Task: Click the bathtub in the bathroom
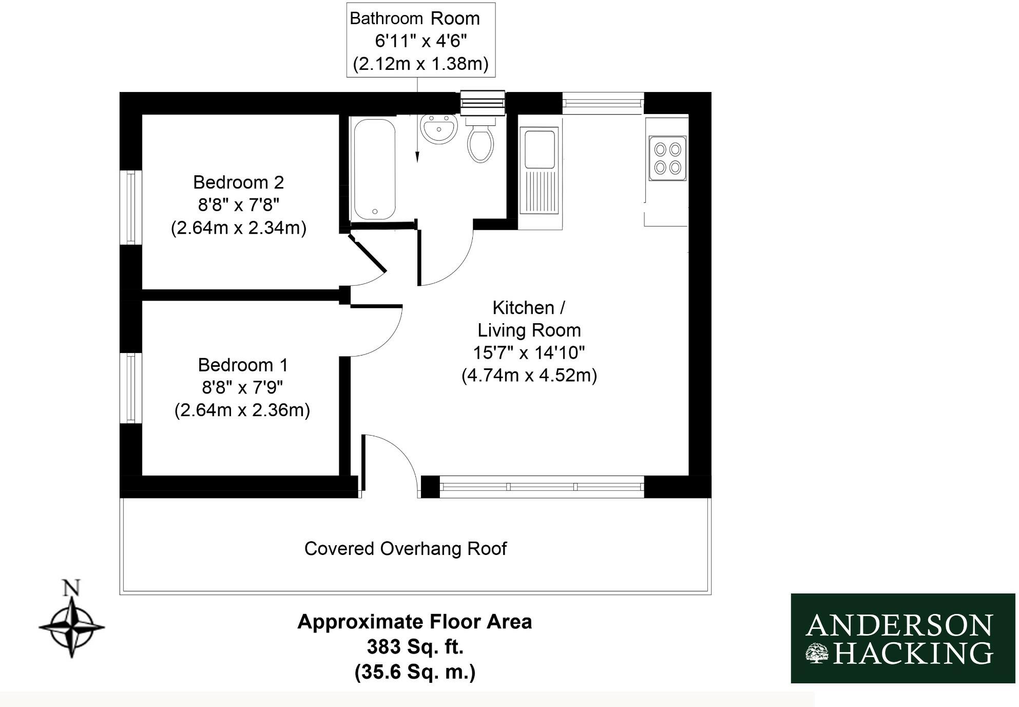tap(375, 170)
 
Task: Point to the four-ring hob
tap(667, 158)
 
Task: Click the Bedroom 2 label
tap(238, 182)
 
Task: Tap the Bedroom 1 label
tap(243, 365)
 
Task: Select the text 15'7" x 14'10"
tap(529, 353)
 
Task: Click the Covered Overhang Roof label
tap(405, 549)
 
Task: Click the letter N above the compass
tap(71, 588)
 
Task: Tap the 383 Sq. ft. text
tap(415, 647)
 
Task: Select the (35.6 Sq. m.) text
tap(415, 672)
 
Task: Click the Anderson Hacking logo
tap(902, 638)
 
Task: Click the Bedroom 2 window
tap(131, 208)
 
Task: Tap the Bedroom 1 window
tap(131, 388)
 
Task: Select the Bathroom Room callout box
tap(421, 40)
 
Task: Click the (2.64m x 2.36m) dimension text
tap(242, 410)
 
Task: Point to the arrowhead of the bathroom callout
tap(417, 158)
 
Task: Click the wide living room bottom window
tap(542, 487)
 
